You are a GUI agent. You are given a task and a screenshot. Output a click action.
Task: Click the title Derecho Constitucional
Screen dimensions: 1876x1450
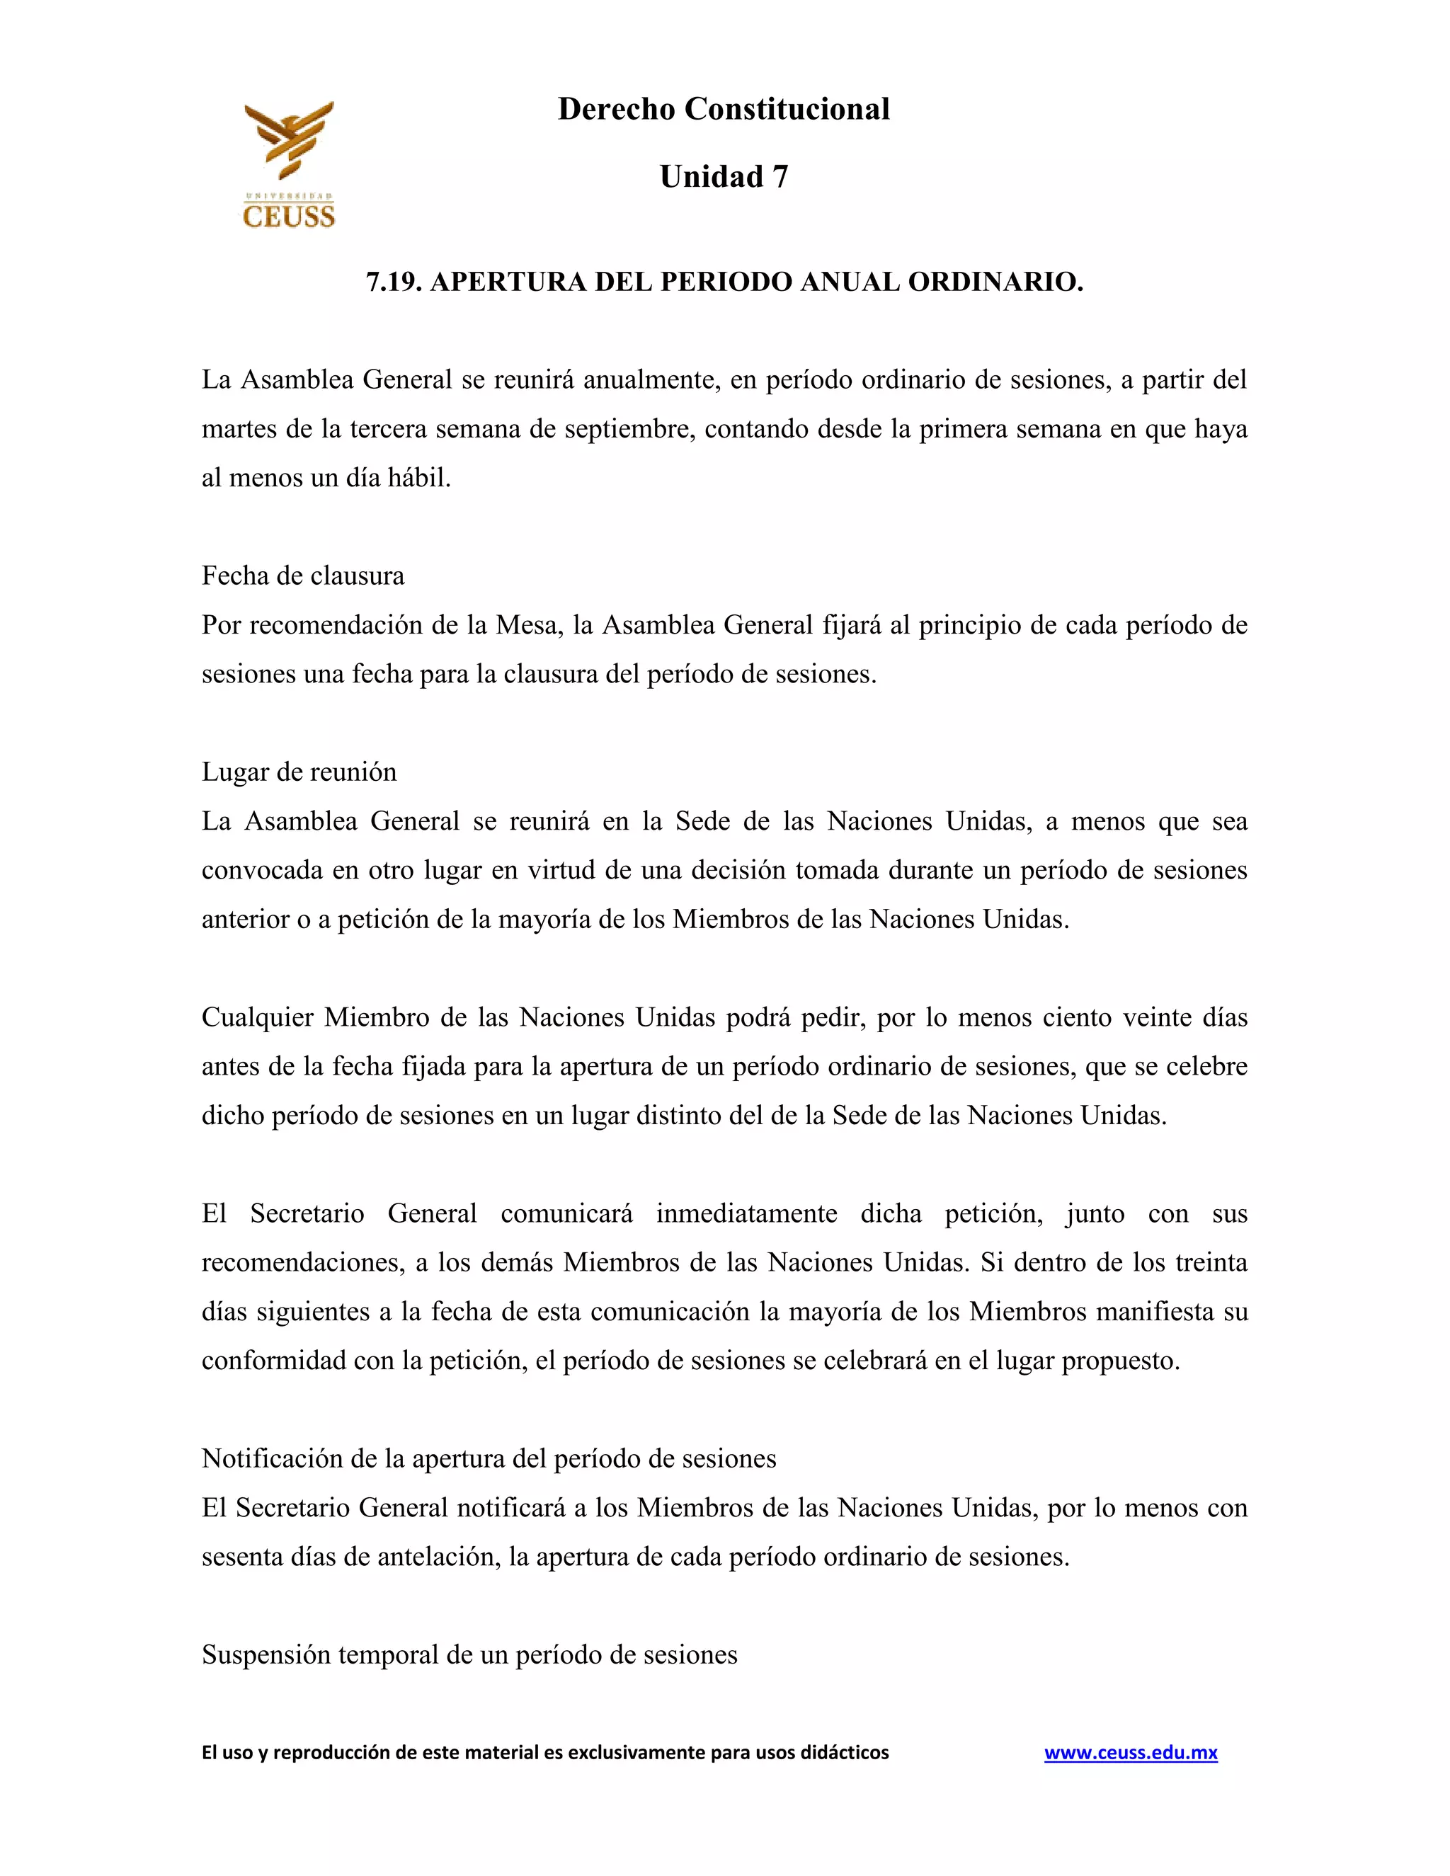click(724, 109)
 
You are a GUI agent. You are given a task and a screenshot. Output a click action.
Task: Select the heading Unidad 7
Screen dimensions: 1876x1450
click(724, 177)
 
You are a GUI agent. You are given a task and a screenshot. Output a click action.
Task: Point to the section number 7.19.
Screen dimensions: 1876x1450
click(394, 282)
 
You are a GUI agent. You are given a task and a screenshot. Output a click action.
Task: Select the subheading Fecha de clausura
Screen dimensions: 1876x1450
click(302, 576)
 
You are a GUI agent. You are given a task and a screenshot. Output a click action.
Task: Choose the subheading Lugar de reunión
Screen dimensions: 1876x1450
click(299, 772)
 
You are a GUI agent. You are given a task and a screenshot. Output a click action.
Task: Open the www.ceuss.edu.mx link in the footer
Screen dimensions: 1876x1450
click(1131, 1752)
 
